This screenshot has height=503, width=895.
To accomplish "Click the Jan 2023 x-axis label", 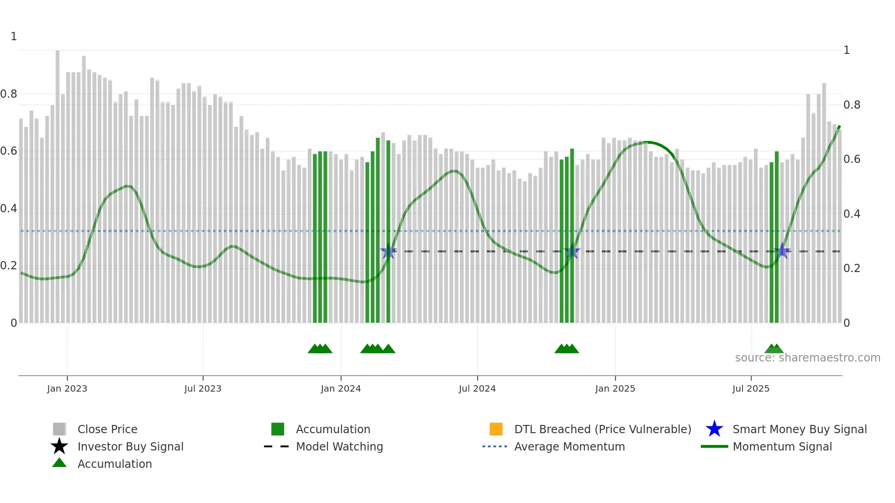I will (67, 388).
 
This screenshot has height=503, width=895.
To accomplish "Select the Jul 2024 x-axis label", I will (477, 388).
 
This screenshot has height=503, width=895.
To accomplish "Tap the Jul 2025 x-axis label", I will (751, 388).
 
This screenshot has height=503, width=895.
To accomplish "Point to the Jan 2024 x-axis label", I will (341, 388).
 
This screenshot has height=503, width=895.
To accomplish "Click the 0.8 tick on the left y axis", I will (9, 94).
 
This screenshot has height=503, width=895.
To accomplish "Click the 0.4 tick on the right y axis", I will (852, 214).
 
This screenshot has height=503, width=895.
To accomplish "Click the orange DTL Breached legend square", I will (496, 429).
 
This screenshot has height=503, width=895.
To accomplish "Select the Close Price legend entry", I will (107, 429).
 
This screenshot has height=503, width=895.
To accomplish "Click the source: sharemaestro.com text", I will (807, 358).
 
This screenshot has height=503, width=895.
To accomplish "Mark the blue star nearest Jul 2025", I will (782, 251).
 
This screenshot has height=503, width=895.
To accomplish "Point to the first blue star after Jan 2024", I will (389, 251).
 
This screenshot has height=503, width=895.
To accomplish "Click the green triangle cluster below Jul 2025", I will (774, 349).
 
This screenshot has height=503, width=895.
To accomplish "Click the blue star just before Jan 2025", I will (572, 251).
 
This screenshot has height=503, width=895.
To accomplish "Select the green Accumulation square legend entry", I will (278, 429).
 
